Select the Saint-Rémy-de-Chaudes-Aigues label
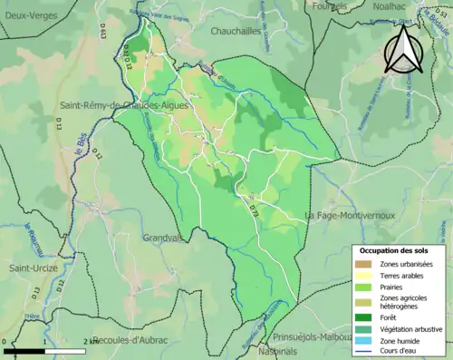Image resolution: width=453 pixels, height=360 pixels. [117, 105]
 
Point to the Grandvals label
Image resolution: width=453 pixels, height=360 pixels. [164, 238]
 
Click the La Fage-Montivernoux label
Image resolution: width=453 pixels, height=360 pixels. [350, 216]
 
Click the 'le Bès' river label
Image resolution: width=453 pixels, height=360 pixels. [82, 144]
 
